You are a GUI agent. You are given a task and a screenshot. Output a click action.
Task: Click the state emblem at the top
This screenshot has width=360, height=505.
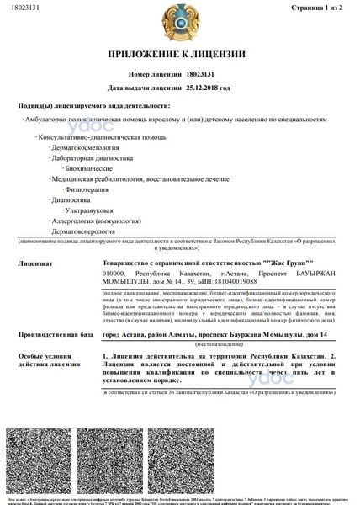coord(180,26)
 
